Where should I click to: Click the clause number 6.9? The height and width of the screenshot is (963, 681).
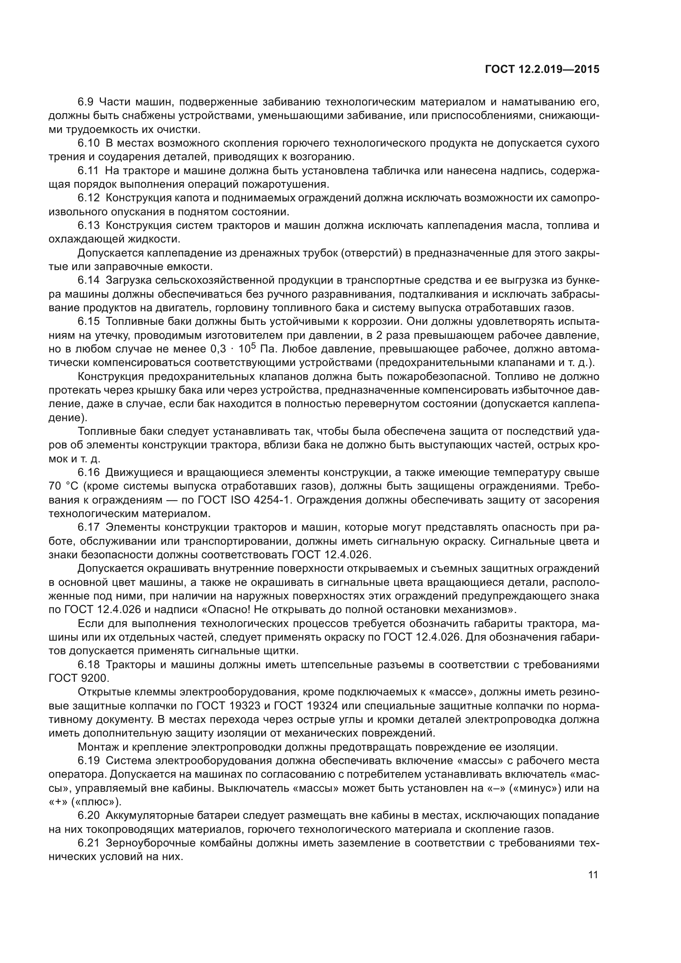point(86,102)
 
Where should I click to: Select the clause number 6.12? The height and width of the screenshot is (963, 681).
point(89,198)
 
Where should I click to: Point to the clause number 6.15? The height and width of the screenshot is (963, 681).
point(89,321)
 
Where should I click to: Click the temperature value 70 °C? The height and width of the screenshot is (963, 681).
point(61,487)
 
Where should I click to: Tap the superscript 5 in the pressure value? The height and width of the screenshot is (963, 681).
point(253,346)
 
